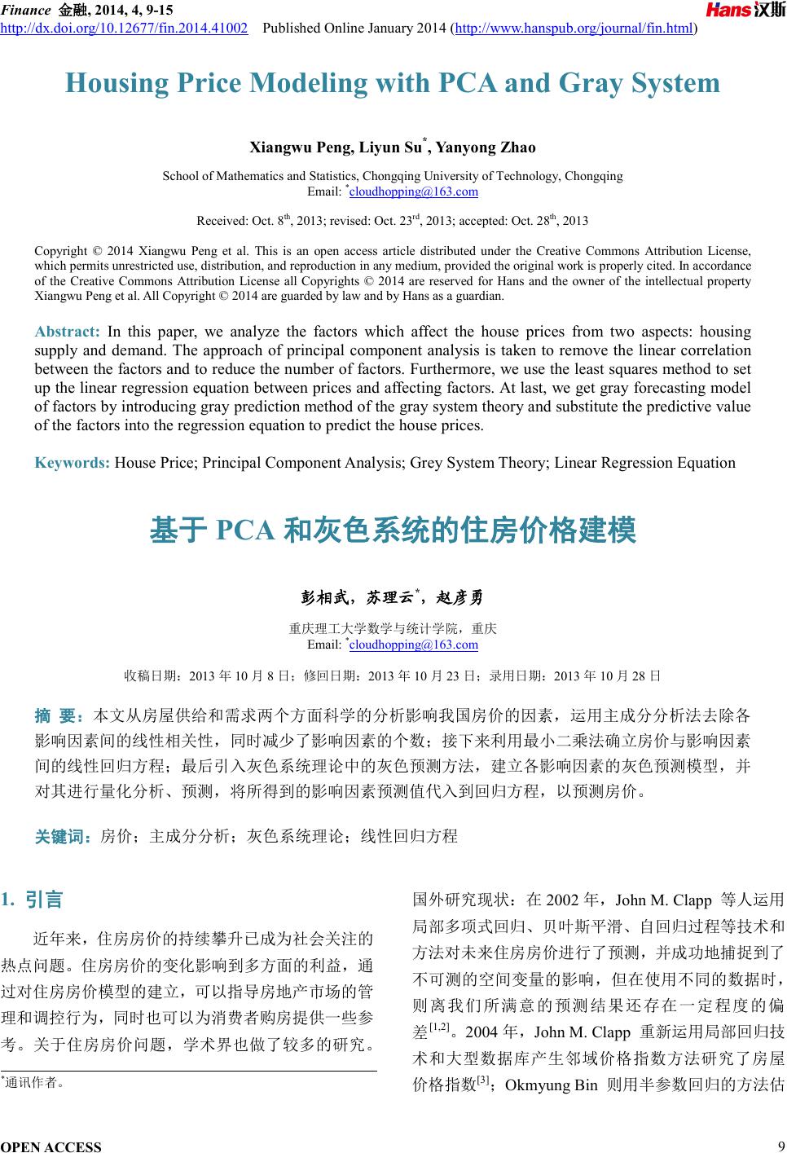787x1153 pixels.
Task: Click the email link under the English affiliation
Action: click(x=413, y=191)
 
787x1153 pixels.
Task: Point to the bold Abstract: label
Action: click(x=67, y=332)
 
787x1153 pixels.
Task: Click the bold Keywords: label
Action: click(x=73, y=463)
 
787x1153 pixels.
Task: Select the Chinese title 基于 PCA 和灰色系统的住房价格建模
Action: click(x=393, y=530)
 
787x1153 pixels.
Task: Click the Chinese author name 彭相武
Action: click(x=324, y=598)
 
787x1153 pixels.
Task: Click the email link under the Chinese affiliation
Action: click(x=413, y=645)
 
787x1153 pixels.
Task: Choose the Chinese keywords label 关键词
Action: click(x=62, y=836)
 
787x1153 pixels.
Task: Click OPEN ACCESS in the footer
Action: click(x=51, y=1146)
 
